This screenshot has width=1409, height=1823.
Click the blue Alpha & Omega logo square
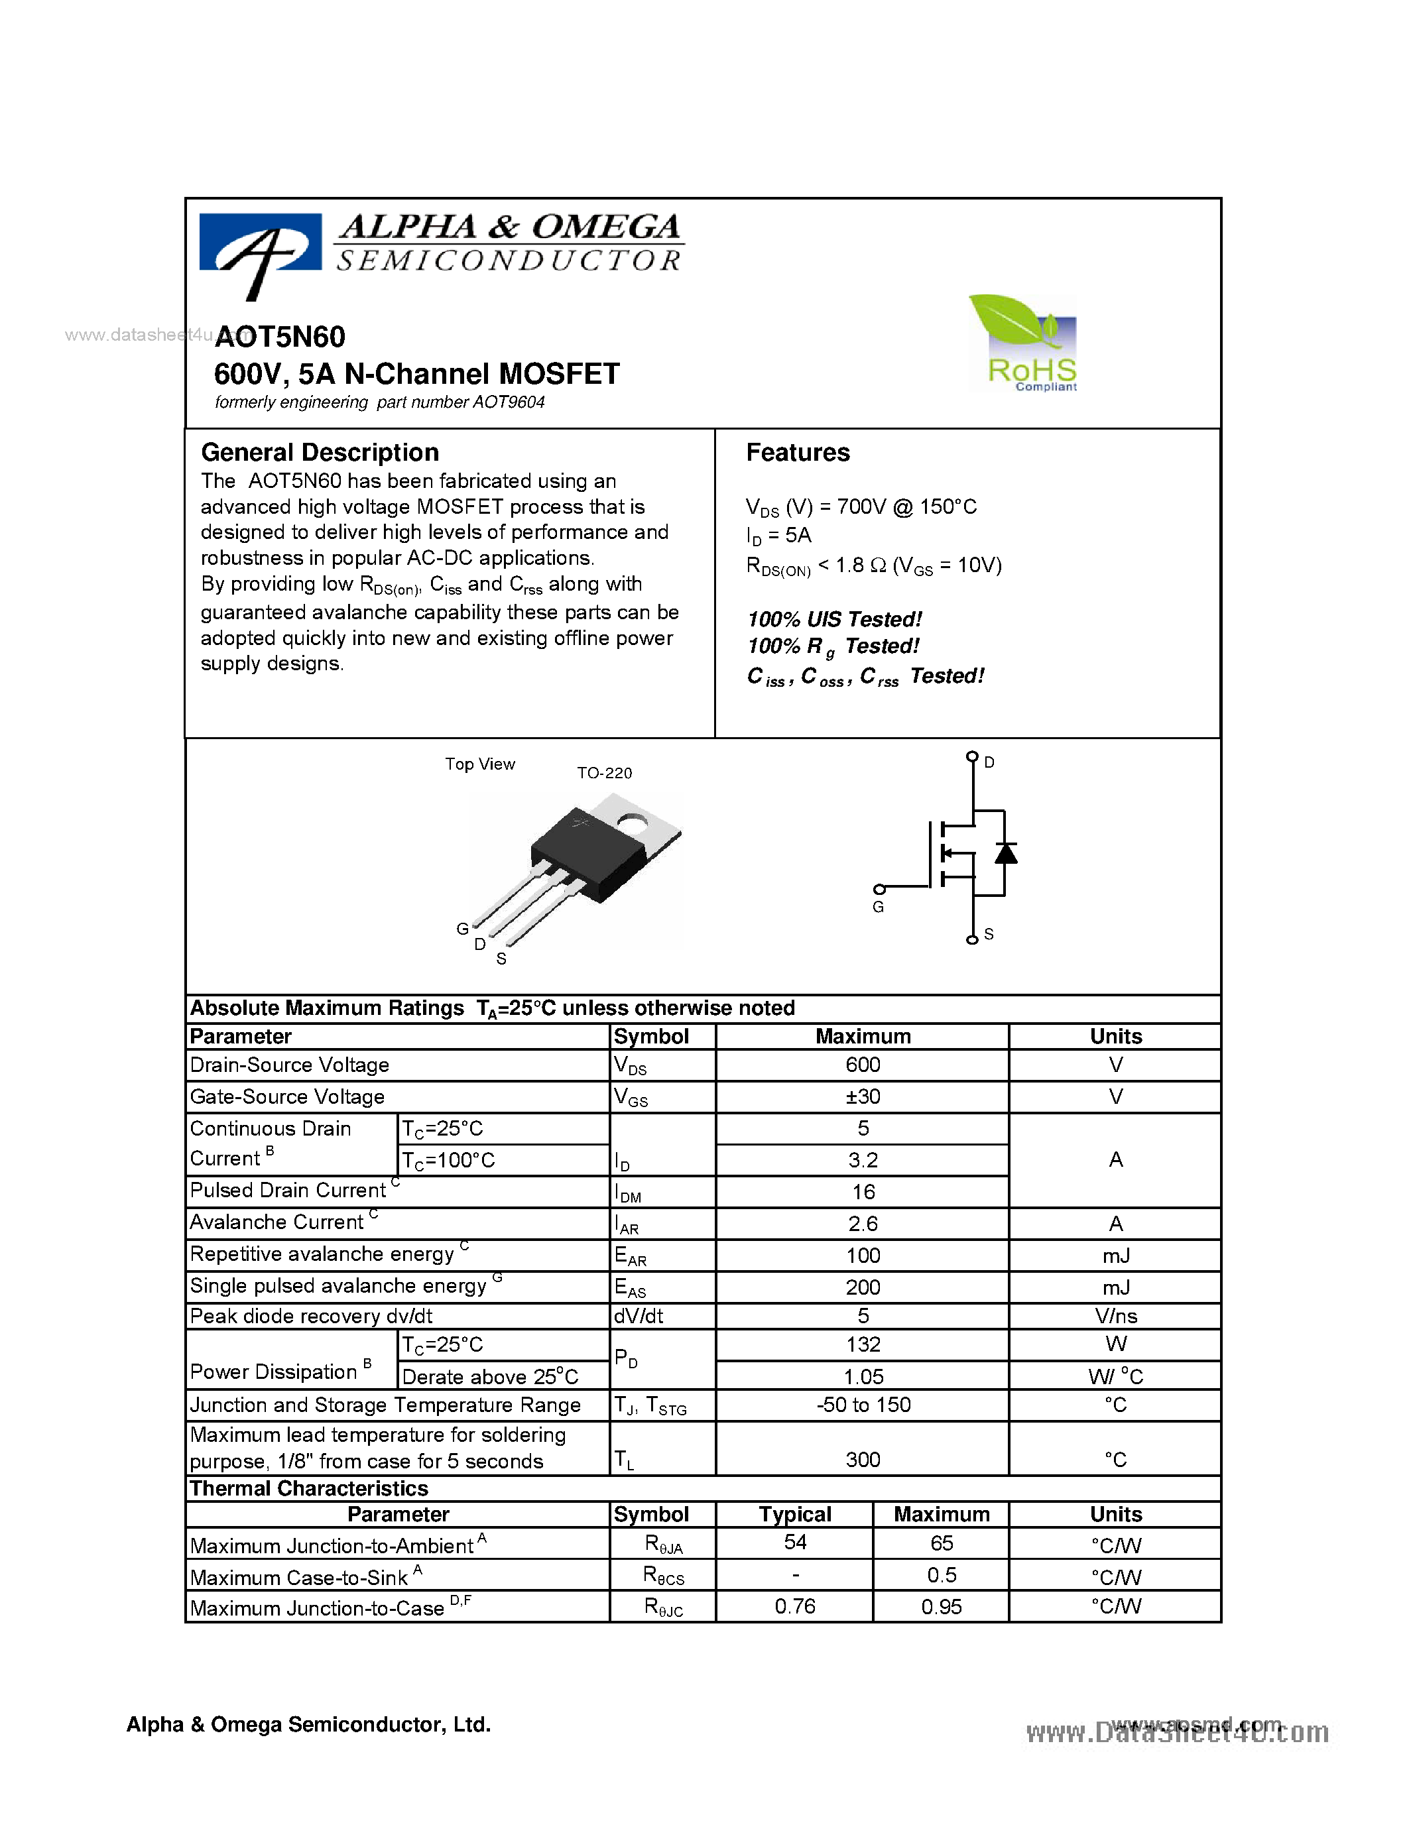(261, 242)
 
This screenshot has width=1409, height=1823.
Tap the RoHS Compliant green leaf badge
(1023, 342)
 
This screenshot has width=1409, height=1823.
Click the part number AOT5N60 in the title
(280, 336)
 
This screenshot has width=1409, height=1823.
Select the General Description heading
(320, 452)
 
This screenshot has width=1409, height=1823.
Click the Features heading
(797, 452)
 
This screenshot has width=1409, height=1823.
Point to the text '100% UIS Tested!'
(834, 619)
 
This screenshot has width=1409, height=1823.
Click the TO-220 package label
(604, 773)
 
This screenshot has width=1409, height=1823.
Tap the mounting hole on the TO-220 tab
(633, 825)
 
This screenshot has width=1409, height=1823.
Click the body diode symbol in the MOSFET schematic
(1005, 853)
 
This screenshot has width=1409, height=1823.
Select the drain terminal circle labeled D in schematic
(971, 756)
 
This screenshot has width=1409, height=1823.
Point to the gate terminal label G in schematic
(878, 908)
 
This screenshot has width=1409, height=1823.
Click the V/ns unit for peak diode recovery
(1115, 1317)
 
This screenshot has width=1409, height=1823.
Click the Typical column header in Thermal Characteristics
(794, 1514)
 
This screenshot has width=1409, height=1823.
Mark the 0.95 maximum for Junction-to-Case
(941, 1607)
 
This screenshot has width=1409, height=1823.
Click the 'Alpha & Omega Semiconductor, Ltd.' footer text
(308, 1724)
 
